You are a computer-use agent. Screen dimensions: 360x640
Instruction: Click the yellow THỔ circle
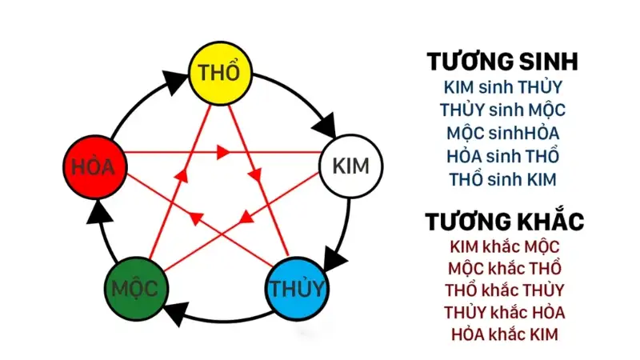click(x=219, y=72)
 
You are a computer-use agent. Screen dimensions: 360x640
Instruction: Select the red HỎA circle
click(x=94, y=167)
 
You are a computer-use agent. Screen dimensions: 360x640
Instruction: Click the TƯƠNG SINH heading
click(x=502, y=62)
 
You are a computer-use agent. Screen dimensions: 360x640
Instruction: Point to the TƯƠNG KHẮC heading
click(x=503, y=221)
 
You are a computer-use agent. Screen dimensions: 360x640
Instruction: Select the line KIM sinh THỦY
click(x=502, y=86)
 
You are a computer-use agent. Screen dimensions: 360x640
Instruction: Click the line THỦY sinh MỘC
click(x=502, y=110)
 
